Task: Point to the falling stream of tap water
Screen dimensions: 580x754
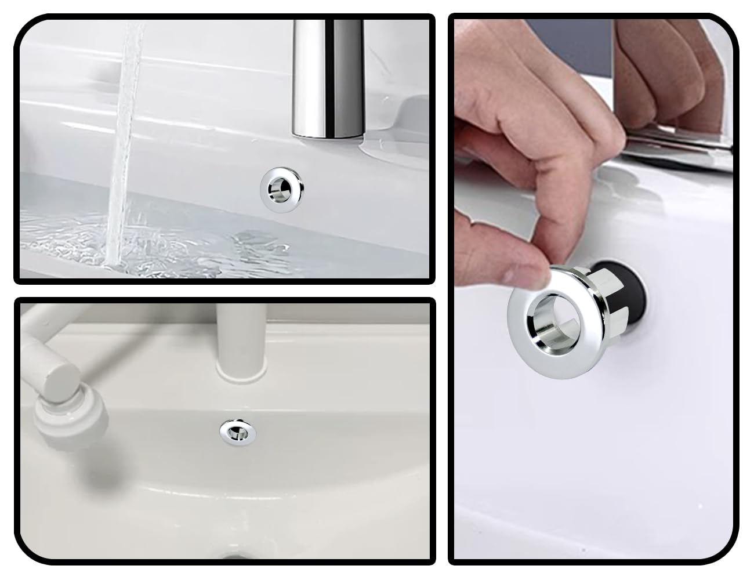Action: pos(129,116)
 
